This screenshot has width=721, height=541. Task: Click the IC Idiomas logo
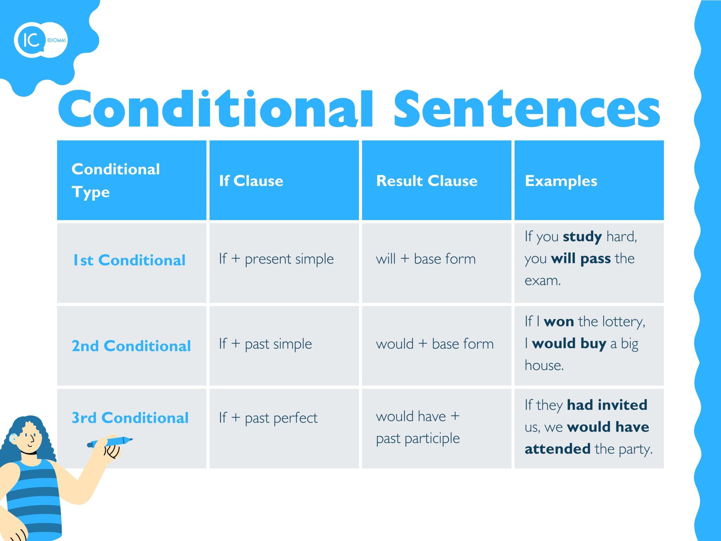point(41,40)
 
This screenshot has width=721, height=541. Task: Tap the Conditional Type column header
point(116,181)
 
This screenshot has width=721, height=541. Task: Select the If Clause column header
point(251,181)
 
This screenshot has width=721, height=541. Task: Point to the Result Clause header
point(427,181)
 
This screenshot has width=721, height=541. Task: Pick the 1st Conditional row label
point(129,260)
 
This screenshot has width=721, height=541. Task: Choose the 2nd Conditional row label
point(131,346)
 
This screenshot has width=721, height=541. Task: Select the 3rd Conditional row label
point(130,417)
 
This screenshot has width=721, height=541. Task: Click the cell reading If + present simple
point(276,259)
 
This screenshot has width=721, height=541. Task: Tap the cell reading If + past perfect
point(268,418)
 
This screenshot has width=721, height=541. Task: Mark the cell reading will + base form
point(426,259)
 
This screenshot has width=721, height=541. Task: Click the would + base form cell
point(435,344)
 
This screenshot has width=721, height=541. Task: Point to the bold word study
point(582,237)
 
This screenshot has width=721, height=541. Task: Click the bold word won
point(559,322)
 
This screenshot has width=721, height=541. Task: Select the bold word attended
point(557,449)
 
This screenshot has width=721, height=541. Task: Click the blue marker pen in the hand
point(110,442)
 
